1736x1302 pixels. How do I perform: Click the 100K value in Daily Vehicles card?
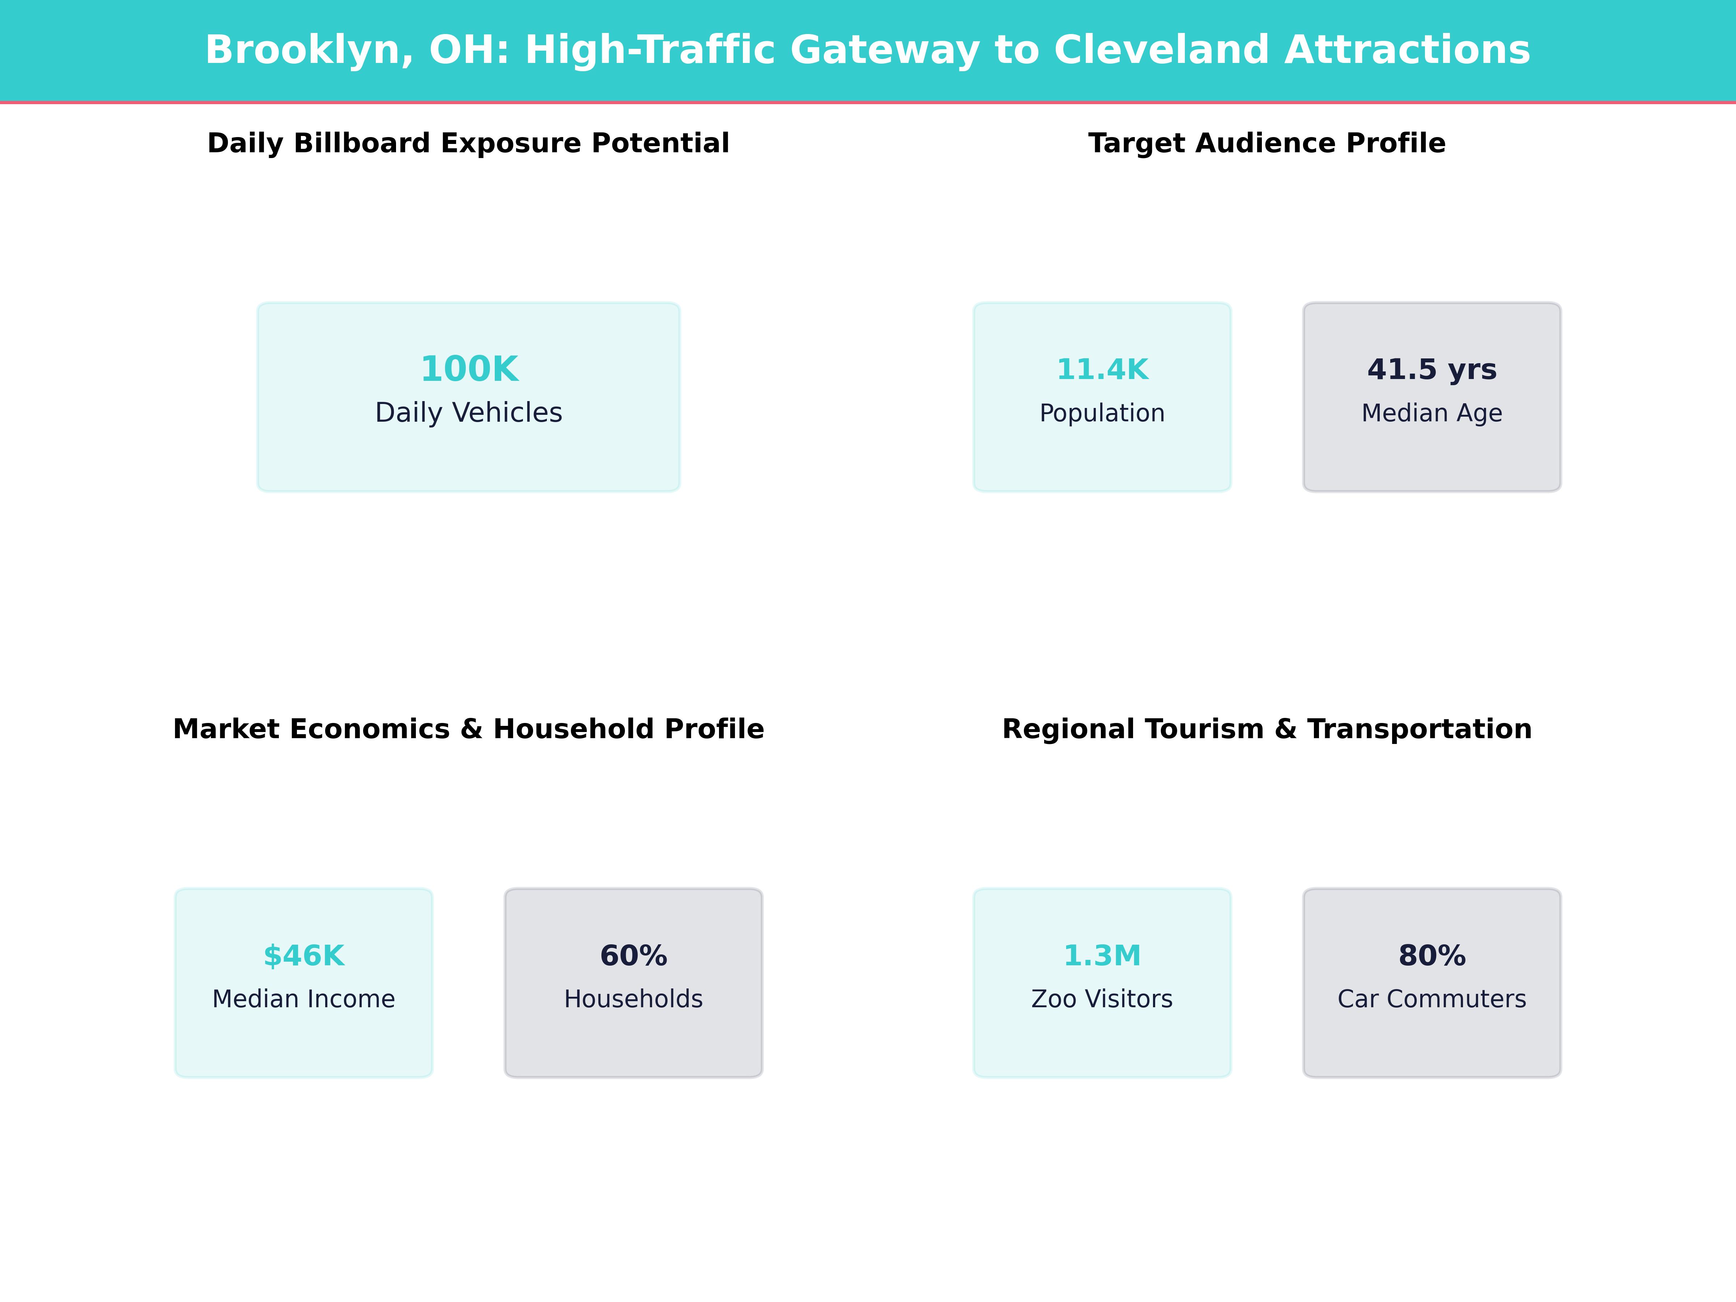(x=468, y=369)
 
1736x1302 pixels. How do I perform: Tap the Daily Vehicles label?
(x=468, y=413)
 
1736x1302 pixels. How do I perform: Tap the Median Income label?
(x=304, y=999)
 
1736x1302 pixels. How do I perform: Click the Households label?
(x=633, y=999)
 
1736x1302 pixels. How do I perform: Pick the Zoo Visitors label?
(x=1102, y=999)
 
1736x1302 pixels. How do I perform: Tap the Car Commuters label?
(x=1431, y=999)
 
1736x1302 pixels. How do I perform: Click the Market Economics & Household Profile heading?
(x=468, y=729)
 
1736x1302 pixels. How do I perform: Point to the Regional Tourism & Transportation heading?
(x=1267, y=729)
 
